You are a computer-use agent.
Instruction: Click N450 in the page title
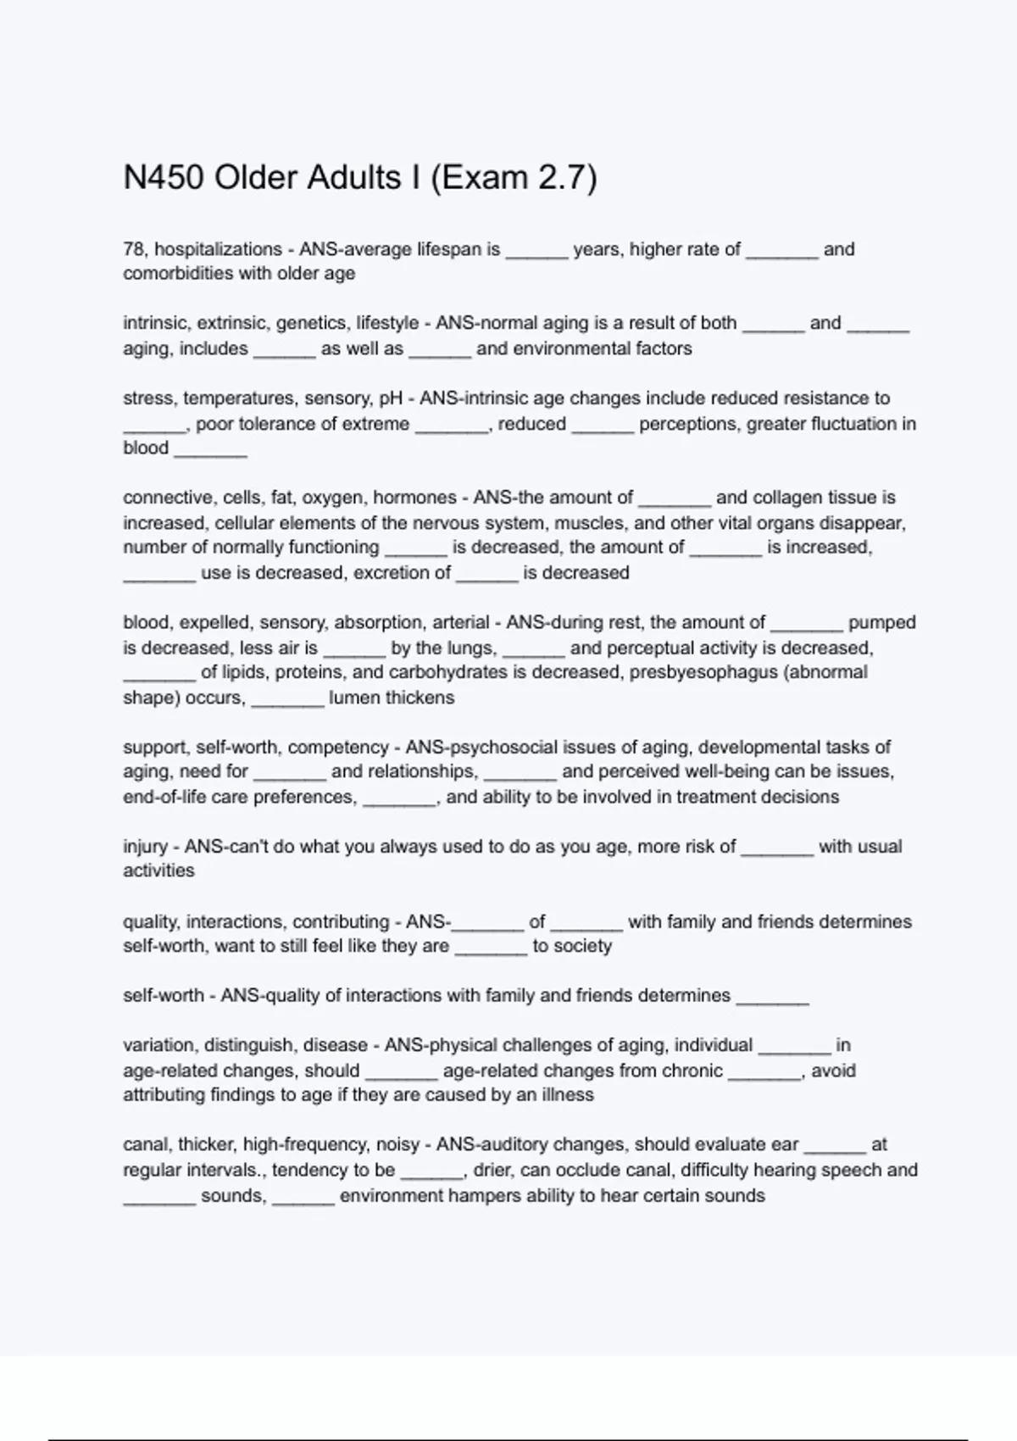pos(164,178)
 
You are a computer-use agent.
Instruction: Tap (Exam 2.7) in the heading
pos(514,178)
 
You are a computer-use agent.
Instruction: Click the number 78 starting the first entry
pos(133,249)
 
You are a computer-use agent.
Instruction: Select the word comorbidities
pos(180,274)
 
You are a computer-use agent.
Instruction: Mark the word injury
pos(145,846)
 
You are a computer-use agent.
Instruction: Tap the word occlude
pos(572,1170)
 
